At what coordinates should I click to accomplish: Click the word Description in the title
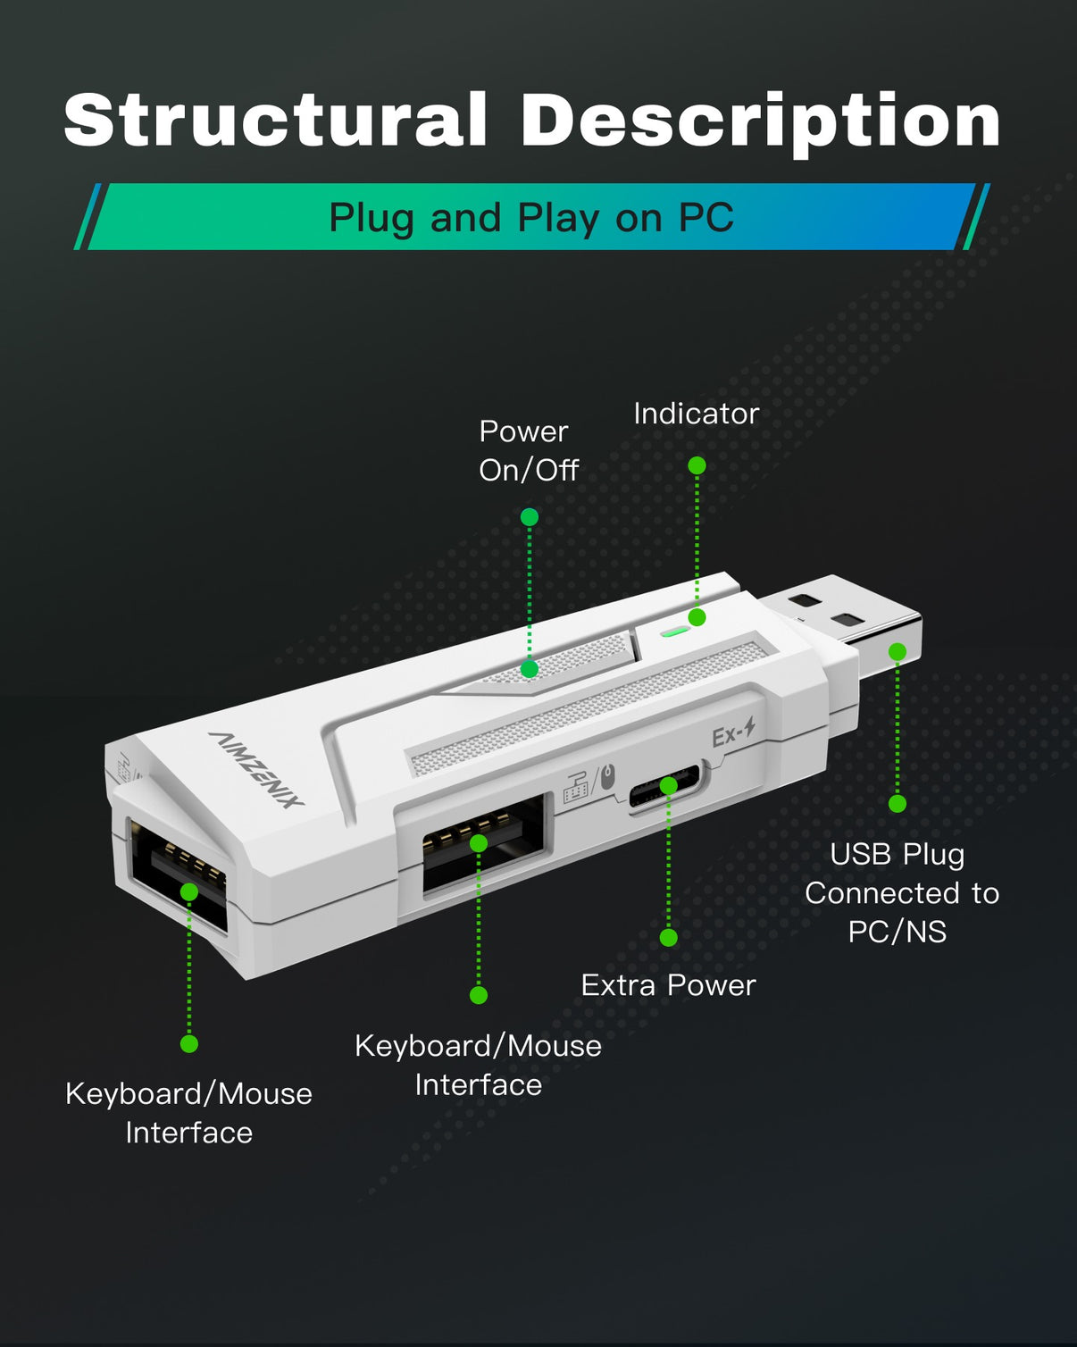tap(760, 121)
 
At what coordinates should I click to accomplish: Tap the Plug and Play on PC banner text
tap(531, 217)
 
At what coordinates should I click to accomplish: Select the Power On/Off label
tap(528, 450)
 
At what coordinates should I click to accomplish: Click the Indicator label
tap(696, 414)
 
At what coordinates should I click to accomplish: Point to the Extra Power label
tap(668, 985)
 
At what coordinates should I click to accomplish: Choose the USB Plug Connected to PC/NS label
tap(900, 892)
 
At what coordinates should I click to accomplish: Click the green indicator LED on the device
tap(674, 630)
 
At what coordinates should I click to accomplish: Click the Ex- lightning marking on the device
tap(733, 733)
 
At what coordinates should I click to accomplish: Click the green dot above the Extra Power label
tap(668, 937)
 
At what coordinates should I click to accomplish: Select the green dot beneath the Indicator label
tap(697, 465)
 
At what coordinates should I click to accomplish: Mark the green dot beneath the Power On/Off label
tap(529, 517)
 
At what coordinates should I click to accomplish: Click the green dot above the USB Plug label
tap(897, 803)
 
